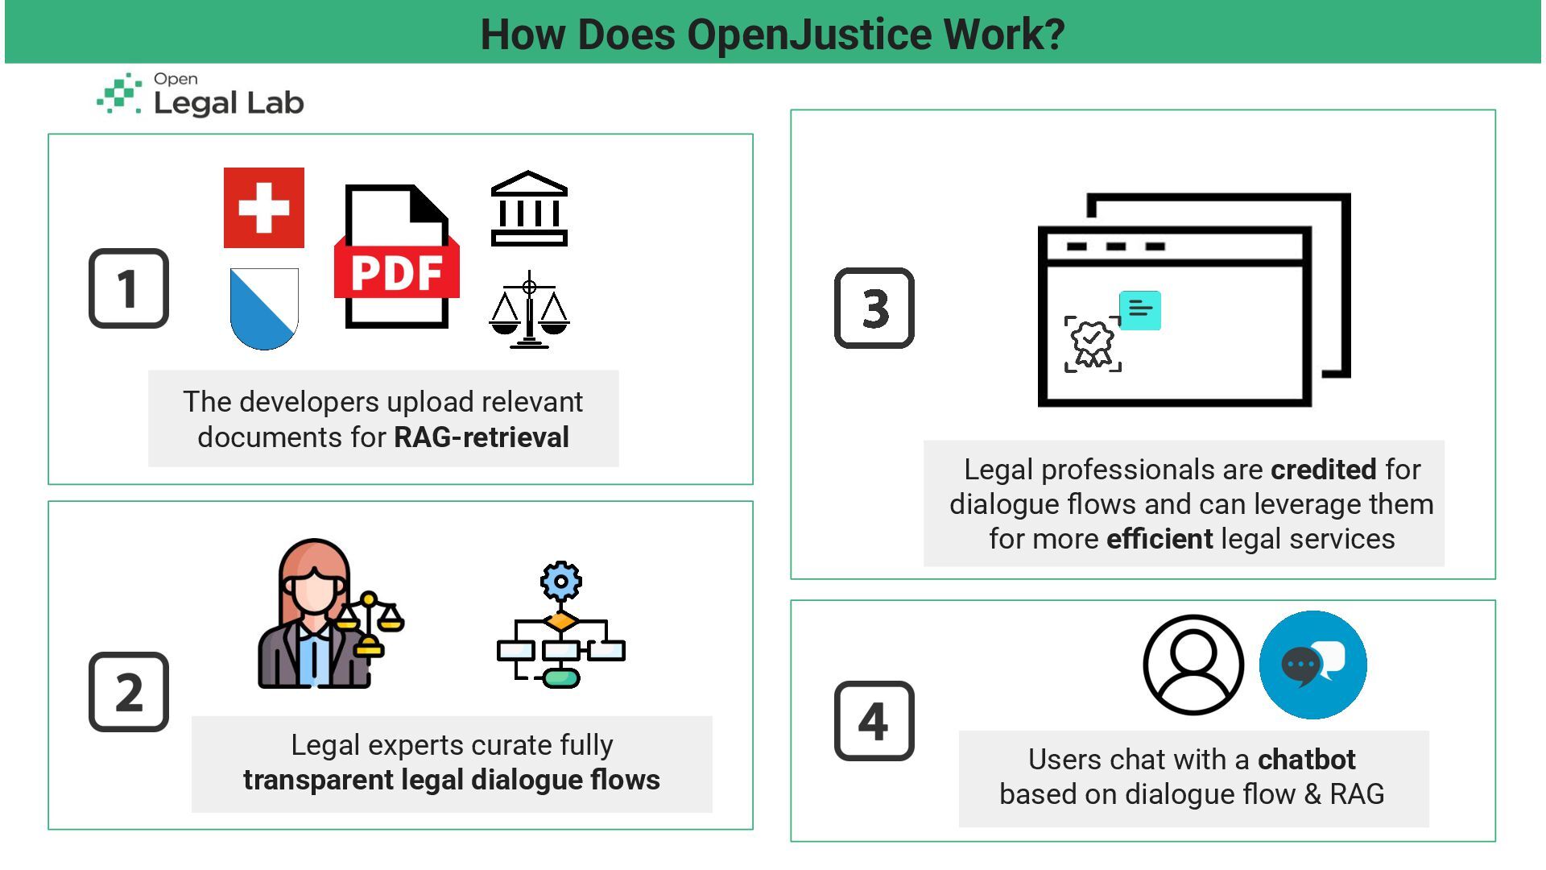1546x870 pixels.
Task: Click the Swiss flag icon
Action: [264, 208]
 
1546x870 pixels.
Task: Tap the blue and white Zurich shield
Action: [264, 308]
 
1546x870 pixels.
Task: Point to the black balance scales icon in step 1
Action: [529, 310]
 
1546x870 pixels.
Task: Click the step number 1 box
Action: [129, 288]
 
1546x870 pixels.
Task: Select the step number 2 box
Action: [129, 692]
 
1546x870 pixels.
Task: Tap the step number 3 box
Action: [874, 309]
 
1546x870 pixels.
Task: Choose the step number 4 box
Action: [874, 721]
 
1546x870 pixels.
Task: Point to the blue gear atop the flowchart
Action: [561, 581]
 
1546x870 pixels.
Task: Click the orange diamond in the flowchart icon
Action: [561, 621]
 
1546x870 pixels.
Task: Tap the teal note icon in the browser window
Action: [1140, 310]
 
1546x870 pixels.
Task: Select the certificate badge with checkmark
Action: [1093, 344]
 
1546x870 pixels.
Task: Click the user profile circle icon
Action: [1193, 665]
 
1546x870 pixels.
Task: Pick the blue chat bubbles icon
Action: [1312, 665]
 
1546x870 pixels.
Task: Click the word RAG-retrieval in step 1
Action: [481, 437]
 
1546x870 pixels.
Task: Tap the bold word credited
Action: [1324, 470]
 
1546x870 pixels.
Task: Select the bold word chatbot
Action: [1306, 760]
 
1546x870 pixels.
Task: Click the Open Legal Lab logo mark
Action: [119, 94]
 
